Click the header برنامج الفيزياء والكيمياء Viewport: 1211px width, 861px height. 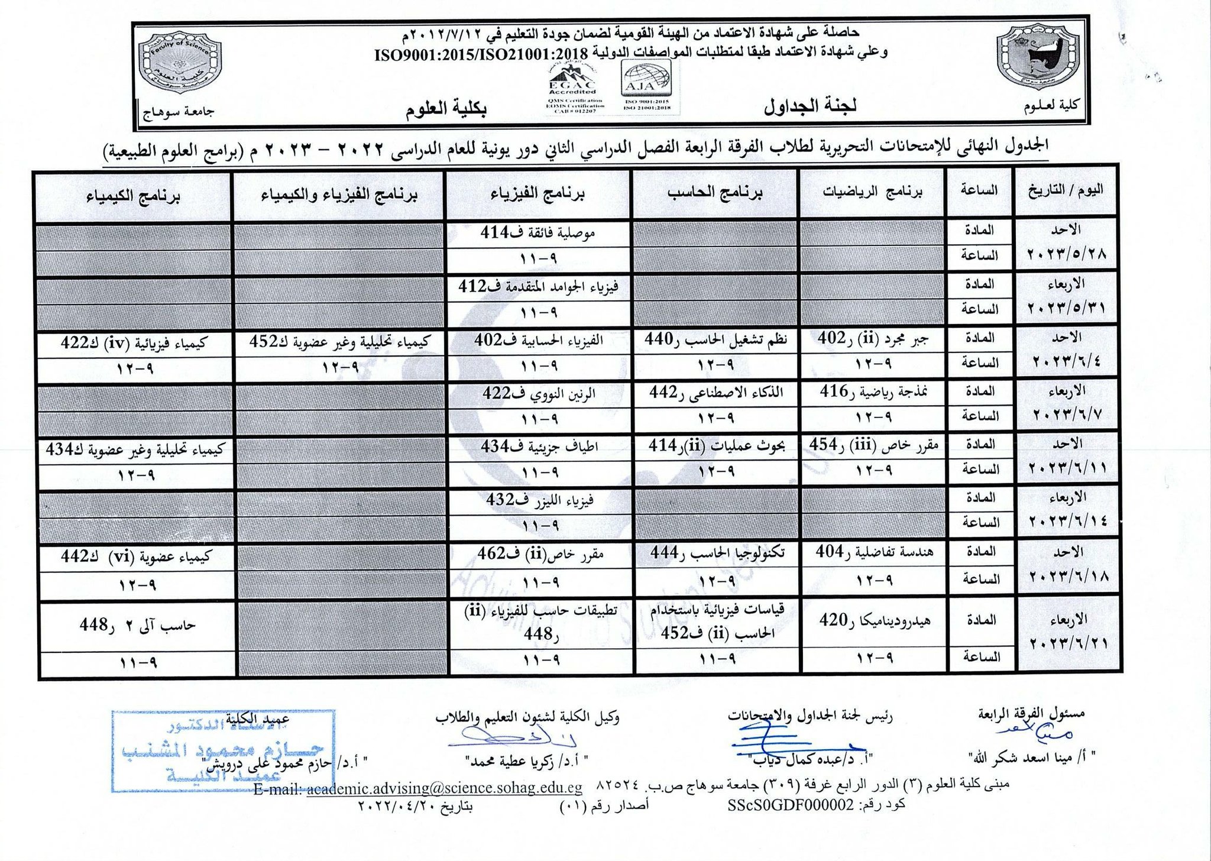point(339,196)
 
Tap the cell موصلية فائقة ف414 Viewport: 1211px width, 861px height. point(537,232)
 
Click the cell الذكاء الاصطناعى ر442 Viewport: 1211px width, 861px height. point(715,393)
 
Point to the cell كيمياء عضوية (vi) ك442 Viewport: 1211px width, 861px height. point(135,556)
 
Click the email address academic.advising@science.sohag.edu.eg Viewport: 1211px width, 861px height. point(444,788)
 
